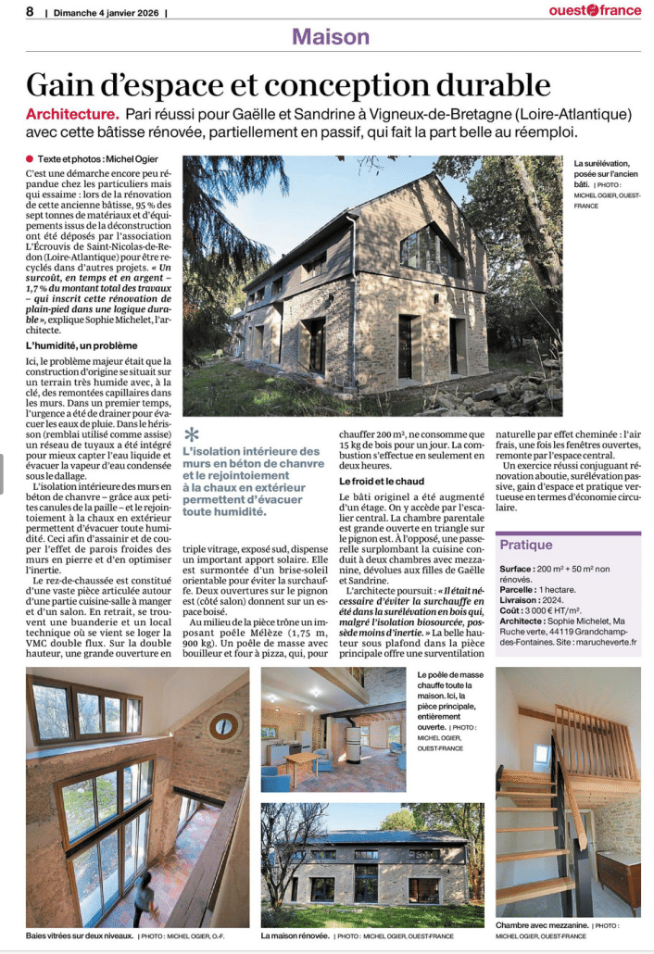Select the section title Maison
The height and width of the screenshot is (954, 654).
[x=330, y=37]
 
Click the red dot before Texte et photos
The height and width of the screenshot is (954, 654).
[x=31, y=158]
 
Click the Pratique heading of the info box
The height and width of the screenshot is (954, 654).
[x=526, y=545]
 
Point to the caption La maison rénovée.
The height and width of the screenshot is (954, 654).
[x=296, y=936]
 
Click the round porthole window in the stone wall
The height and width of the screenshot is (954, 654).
[x=223, y=725]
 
